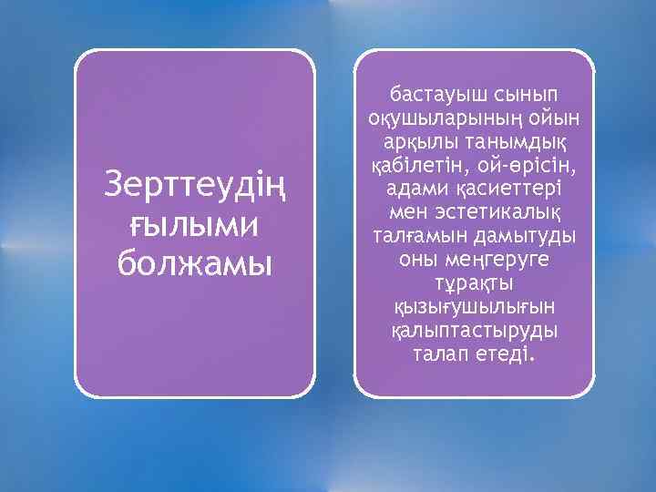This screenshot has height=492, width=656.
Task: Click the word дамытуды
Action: click(x=523, y=235)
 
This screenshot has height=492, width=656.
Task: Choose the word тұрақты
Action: click(x=474, y=282)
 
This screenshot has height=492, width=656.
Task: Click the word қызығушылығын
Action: click(x=473, y=306)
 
